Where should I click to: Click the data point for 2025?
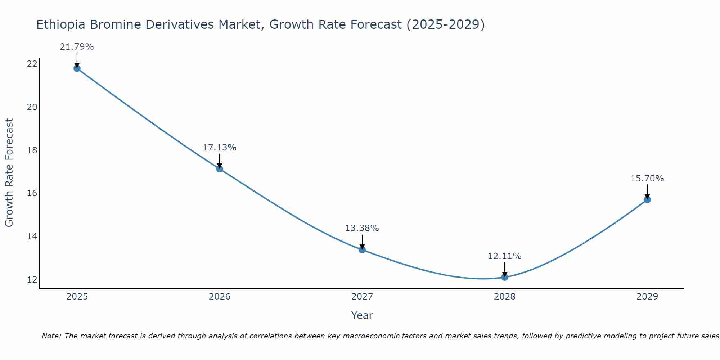coord(77,68)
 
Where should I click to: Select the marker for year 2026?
coord(220,168)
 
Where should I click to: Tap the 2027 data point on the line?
coord(362,249)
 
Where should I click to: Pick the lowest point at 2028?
coord(505,277)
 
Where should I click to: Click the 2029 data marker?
coord(647,199)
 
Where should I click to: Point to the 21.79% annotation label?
coord(77,47)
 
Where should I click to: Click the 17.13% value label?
coord(219,148)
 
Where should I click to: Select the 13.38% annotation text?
coord(362,228)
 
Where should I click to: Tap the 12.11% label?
coord(504,256)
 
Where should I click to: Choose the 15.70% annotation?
coord(647,179)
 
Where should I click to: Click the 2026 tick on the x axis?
coord(220,297)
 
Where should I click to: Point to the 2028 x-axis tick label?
coord(505,297)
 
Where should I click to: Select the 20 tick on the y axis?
coord(32,107)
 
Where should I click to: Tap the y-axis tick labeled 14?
coord(32,237)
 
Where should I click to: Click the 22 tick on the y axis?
coord(32,64)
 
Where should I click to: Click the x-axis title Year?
coord(362,315)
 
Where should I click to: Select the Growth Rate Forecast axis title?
coord(9,173)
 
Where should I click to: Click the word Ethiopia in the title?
coord(60,25)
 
